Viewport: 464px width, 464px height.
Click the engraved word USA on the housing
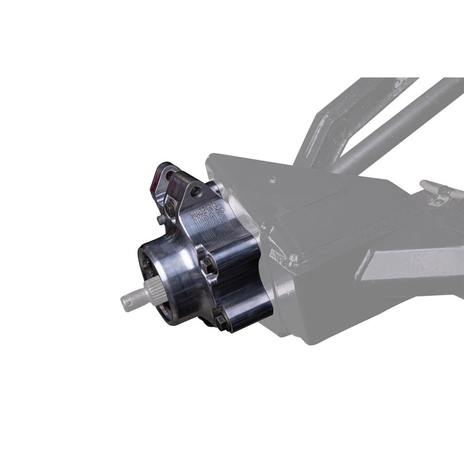[203, 223]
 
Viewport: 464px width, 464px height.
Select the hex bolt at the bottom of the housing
[221, 321]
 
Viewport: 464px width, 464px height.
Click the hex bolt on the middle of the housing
[205, 262]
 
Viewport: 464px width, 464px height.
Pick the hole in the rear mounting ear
[169, 174]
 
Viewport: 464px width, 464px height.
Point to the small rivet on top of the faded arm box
[273, 180]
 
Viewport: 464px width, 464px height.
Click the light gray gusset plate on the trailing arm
[399, 263]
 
